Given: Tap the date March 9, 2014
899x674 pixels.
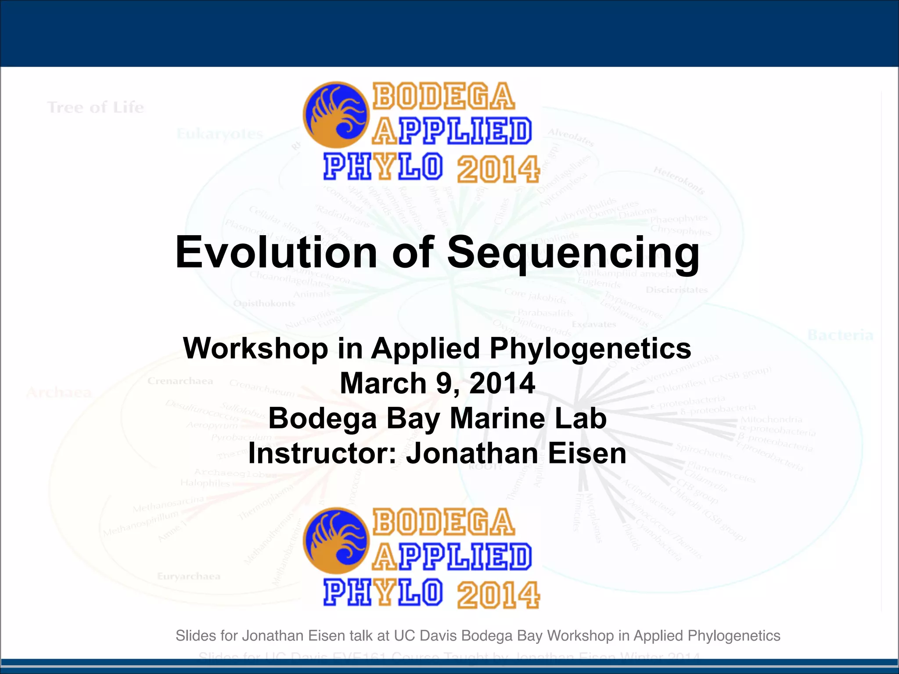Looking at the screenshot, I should point(437,383).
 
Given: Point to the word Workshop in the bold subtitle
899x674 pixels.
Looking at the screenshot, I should point(256,348).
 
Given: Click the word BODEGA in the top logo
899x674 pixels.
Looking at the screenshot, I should point(443,97).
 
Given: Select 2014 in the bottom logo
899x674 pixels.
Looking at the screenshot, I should point(498,595).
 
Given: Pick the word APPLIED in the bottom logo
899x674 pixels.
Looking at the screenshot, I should point(452,558).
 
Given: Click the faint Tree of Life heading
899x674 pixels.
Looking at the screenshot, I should point(95,108).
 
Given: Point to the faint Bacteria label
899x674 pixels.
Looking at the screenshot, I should point(840,336).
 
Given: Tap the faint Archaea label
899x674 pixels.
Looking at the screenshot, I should point(59,392).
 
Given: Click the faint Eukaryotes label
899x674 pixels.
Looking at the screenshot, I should point(219,134).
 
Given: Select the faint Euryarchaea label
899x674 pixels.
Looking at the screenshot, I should point(189,576).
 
